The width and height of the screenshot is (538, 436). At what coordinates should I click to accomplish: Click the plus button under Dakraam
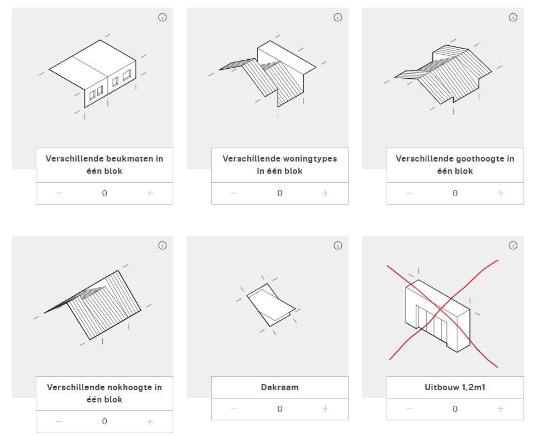point(325,409)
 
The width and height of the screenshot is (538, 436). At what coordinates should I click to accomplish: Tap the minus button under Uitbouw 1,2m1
point(410,409)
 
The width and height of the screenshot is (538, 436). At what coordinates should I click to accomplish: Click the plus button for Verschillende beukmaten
point(150,193)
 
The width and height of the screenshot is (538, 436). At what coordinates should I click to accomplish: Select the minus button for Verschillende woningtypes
point(234,193)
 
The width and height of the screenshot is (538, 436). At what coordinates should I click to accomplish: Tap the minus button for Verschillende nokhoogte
point(59,421)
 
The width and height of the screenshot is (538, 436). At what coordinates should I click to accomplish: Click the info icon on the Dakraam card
point(337,245)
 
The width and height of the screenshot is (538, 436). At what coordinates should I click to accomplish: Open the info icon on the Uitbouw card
point(513,245)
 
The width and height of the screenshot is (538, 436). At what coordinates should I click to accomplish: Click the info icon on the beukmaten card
point(162,17)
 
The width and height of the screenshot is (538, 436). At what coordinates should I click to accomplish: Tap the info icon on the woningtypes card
point(337,17)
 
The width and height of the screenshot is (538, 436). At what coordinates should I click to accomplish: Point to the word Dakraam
point(280,387)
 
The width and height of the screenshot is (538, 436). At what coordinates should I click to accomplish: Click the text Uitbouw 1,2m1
point(455,387)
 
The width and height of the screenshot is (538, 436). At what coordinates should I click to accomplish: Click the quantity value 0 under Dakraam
point(280,409)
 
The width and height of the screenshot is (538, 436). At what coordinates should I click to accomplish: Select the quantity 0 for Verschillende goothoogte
point(455,193)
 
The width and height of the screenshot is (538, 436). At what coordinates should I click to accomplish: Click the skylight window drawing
point(271,305)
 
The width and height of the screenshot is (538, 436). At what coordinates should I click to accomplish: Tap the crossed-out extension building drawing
point(438,316)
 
